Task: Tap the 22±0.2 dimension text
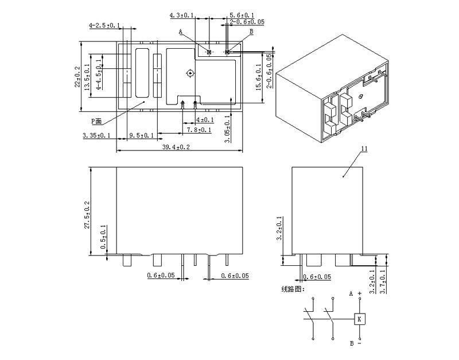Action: (x=77, y=76)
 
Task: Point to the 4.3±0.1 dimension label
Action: (x=181, y=15)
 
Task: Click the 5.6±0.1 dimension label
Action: (x=242, y=15)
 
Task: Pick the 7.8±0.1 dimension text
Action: (x=199, y=130)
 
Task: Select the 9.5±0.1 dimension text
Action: (x=141, y=136)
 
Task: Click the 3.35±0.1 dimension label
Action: (x=96, y=136)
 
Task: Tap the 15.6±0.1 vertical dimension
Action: (x=259, y=77)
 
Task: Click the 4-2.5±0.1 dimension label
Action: (x=104, y=25)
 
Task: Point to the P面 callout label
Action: (x=96, y=121)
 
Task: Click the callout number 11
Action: (x=364, y=149)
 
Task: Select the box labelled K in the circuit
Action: (x=360, y=319)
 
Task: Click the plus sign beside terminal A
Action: (x=360, y=293)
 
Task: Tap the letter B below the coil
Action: (x=352, y=343)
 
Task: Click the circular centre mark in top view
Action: (x=190, y=73)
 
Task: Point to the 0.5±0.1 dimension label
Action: (x=103, y=237)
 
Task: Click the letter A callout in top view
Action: (x=181, y=32)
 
